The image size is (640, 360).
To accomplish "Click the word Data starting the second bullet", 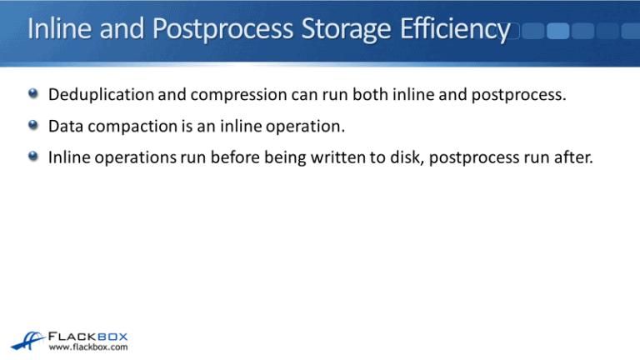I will (x=65, y=126).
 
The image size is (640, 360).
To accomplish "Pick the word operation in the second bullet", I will (x=286, y=126).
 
